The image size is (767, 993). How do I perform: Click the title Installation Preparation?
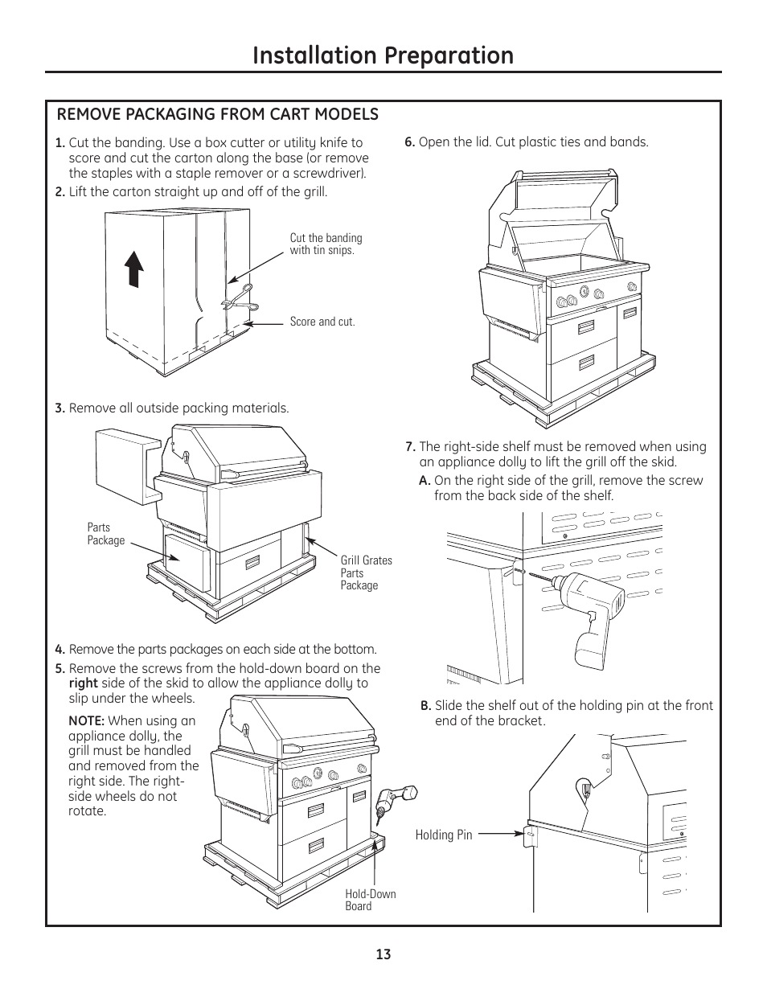point(383,55)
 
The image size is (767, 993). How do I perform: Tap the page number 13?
point(383,954)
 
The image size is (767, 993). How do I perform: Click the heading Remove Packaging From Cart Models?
point(217,114)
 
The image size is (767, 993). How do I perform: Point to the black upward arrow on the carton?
point(133,269)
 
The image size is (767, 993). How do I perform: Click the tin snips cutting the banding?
point(240,299)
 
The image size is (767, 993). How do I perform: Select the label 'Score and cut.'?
point(322,322)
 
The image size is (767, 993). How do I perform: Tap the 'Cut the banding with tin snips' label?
point(326,244)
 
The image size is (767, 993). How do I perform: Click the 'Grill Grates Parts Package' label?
point(367,572)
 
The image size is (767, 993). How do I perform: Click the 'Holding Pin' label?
point(444,835)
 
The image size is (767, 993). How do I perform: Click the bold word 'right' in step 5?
point(83,683)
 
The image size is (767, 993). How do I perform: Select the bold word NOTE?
point(87,720)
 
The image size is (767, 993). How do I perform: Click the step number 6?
point(410,142)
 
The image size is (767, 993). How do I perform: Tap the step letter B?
point(426,706)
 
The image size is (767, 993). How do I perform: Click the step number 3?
point(60,408)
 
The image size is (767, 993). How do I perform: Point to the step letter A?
point(425,481)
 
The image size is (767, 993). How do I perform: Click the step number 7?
point(411,446)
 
